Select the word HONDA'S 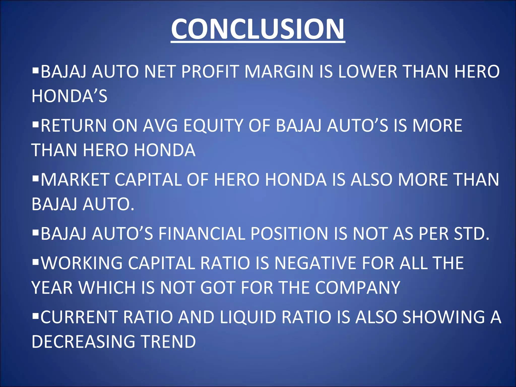pyautogui.click(x=70, y=96)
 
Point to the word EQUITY pyautogui.click(x=213, y=125)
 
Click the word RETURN pyautogui.click(x=74, y=125)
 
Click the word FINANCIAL pyautogui.click(x=202, y=234)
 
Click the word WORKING pyautogui.click(x=82, y=263)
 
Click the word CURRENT pyautogui.click(x=79, y=317)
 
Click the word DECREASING pyautogui.click(x=83, y=342)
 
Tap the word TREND pyautogui.click(x=168, y=342)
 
